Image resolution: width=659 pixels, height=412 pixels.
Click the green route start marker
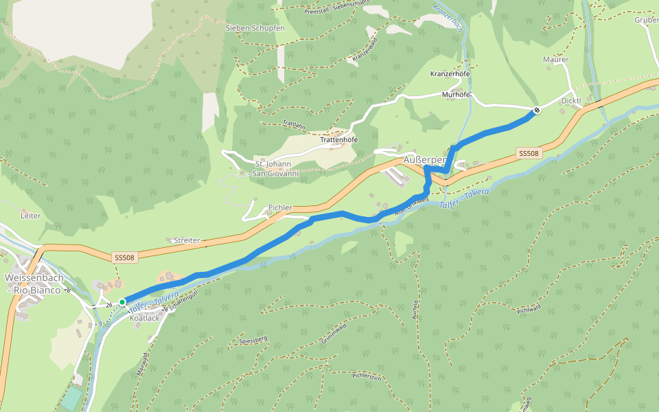point(122,301)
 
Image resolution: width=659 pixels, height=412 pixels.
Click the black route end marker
point(537,110)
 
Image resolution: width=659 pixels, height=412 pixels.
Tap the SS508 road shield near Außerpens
point(529,154)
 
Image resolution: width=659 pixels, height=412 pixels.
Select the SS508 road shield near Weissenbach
point(124,257)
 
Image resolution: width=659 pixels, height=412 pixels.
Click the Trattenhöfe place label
point(339,140)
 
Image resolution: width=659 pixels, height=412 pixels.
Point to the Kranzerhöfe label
point(450,73)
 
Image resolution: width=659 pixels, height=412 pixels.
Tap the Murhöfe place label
point(456,94)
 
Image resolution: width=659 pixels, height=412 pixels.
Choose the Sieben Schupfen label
point(255,27)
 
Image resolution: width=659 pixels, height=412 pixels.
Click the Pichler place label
point(280,207)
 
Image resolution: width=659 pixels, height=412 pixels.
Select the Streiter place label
point(187,240)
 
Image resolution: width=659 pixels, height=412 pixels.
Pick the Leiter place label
point(31,216)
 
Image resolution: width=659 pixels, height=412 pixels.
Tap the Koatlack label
point(144,318)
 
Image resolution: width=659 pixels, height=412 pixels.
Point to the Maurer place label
point(555,60)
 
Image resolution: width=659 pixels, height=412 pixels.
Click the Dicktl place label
point(571,101)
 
